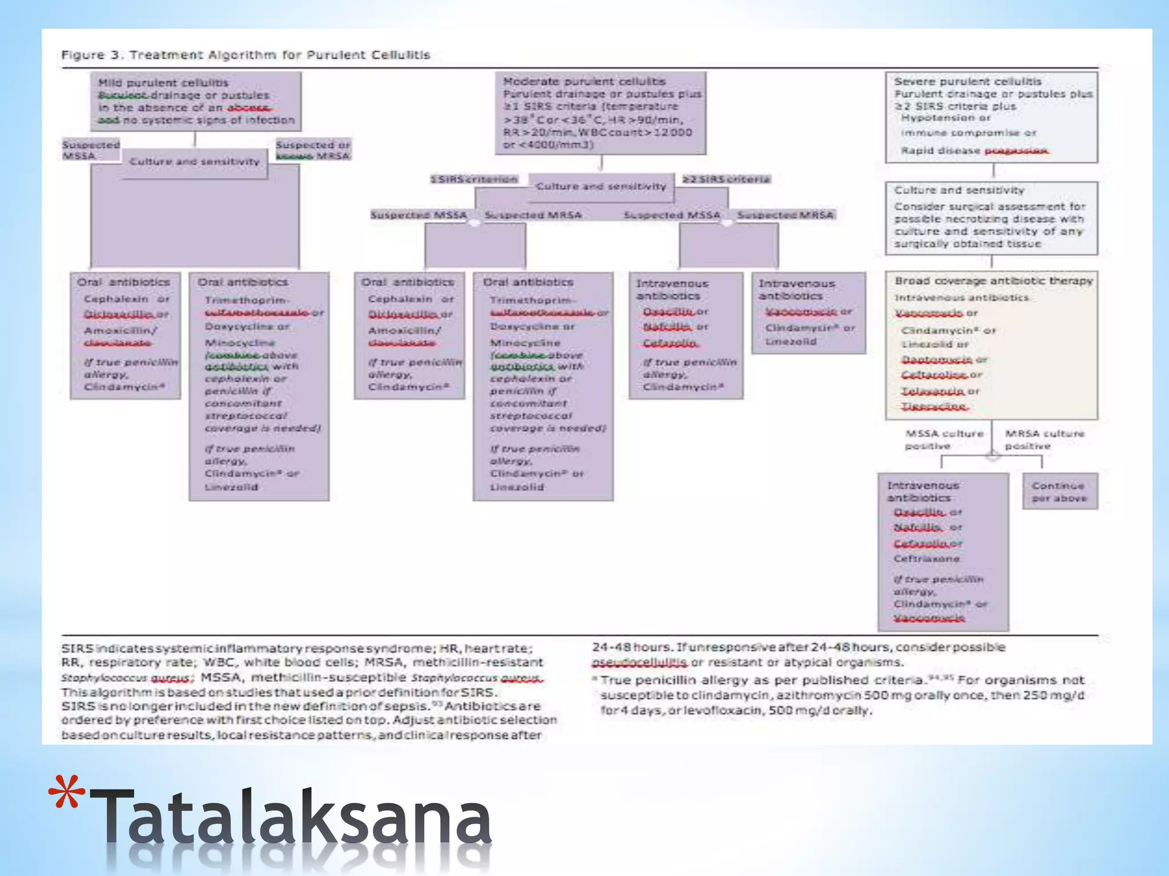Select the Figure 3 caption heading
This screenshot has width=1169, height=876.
[x=245, y=55]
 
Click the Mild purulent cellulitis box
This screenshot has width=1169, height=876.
[x=196, y=101]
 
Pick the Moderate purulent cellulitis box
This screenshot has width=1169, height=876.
[x=600, y=113]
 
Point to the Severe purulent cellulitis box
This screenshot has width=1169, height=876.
[x=991, y=117]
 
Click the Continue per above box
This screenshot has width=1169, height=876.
[x=1059, y=492]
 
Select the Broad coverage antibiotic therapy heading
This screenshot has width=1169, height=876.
[x=993, y=281]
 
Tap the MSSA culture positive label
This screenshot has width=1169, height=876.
[x=944, y=440]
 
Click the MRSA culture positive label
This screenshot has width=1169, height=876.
[x=1044, y=440]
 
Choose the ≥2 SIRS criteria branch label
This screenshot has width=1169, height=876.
[x=726, y=180]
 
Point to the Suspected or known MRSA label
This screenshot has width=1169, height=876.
[x=313, y=150]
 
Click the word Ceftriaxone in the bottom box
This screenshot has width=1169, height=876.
[x=926, y=559]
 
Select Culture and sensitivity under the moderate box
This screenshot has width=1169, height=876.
[x=601, y=186]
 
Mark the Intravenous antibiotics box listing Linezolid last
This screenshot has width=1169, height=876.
[x=808, y=313]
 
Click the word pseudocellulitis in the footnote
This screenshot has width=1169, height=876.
[x=640, y=663]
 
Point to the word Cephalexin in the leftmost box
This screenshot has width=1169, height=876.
[x=116, y=299]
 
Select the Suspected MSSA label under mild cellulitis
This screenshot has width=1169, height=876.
[x=91, y=150]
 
